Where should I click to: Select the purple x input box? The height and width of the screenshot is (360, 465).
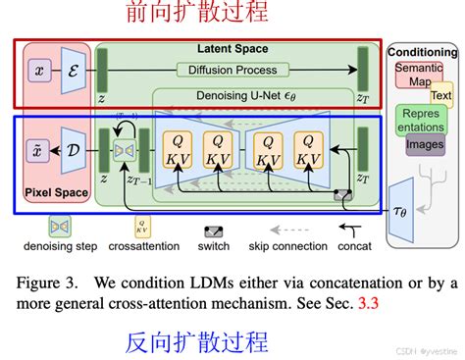[39, 71]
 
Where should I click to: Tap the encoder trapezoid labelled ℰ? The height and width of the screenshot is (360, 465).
[74, 71]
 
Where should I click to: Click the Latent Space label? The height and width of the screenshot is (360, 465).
[232, 49]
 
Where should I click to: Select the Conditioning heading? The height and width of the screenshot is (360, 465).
[422, 52]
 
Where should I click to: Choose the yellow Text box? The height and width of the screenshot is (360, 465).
[440, 96]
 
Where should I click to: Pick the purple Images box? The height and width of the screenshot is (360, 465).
[425, 144]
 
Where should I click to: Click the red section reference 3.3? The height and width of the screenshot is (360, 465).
[366, 305]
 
